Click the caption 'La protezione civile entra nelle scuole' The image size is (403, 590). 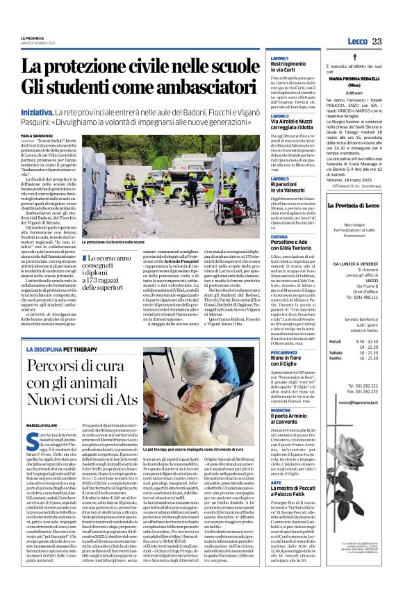point(122,241)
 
